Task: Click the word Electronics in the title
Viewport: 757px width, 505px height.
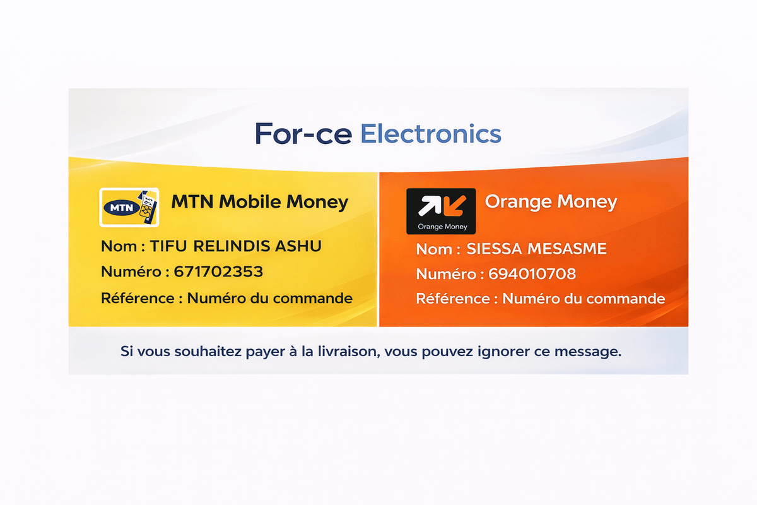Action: [x=431, y=134]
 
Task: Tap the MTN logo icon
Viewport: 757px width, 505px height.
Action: [x=129, y=206]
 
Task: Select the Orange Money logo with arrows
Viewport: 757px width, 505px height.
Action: [x=441, y=211]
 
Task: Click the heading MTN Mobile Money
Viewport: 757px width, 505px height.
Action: [x=259, y=202]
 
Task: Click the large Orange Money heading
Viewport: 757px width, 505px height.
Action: [x=551, y=202]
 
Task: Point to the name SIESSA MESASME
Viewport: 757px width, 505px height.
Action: [x=536, y=249]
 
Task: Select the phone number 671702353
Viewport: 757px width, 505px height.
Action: [x=218, y=272]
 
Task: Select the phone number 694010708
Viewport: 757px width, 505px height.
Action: [x=532, y=275]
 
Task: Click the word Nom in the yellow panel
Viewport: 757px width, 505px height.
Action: [x=119, y=246]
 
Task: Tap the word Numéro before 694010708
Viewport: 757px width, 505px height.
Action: [x=446, y=275]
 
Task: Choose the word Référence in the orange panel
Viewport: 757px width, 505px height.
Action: [x=454, y=298]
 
